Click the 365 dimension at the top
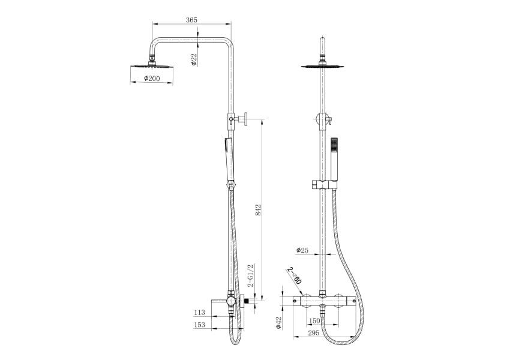click(x=191, y=20)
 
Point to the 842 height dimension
click(x=259, y=210)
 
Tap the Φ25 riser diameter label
click(x=302, y=250)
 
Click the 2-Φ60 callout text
click(x=294, y=276)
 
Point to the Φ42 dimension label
click(x=279, y=323)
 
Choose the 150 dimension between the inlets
click(x=314, y=321)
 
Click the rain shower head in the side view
click(x=151, y=65)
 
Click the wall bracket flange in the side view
click(x=246, y=118)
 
